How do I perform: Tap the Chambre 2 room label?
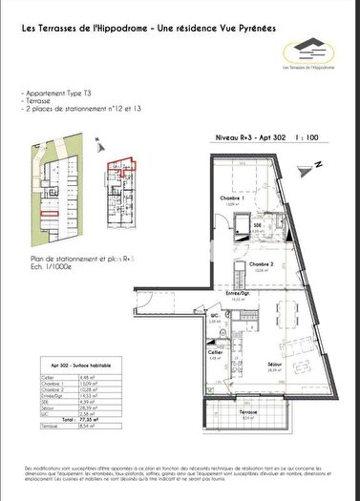pos(263,239)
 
